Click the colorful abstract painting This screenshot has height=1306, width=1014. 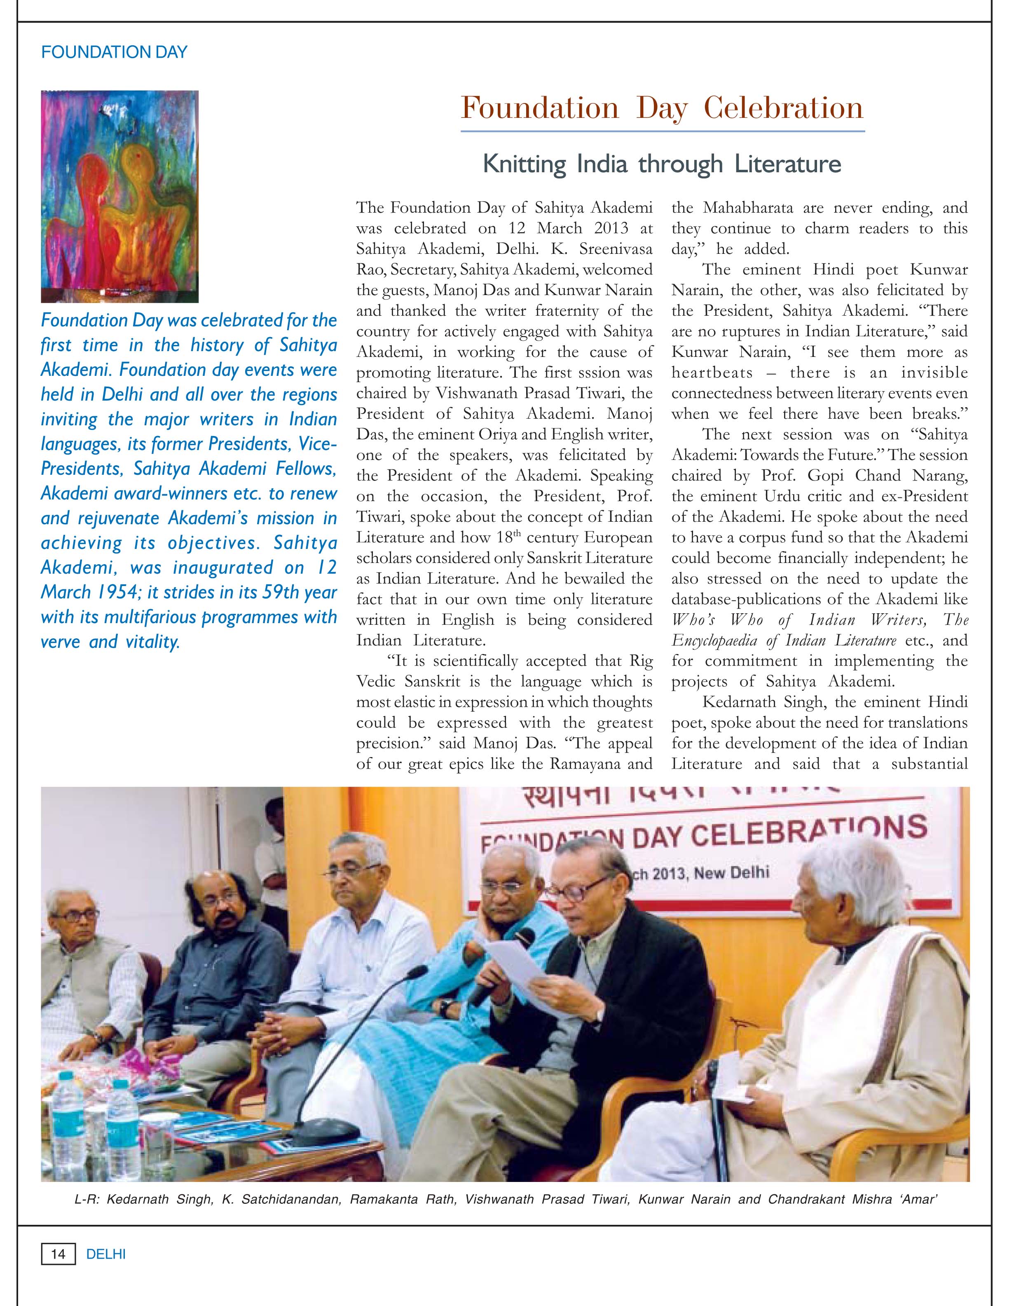tap(119, 196)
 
